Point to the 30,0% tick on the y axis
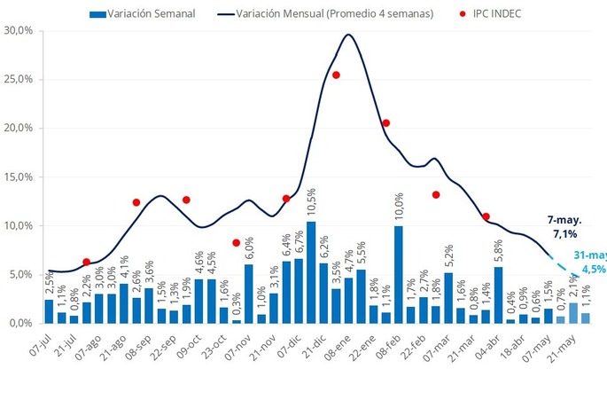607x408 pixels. [19, 30]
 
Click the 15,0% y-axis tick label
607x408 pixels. [19, 177]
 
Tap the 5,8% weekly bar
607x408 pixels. [499, 294]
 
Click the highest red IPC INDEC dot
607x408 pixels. [336, 75]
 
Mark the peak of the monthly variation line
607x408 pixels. [348, 35]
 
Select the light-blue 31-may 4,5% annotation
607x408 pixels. [589, 263]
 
